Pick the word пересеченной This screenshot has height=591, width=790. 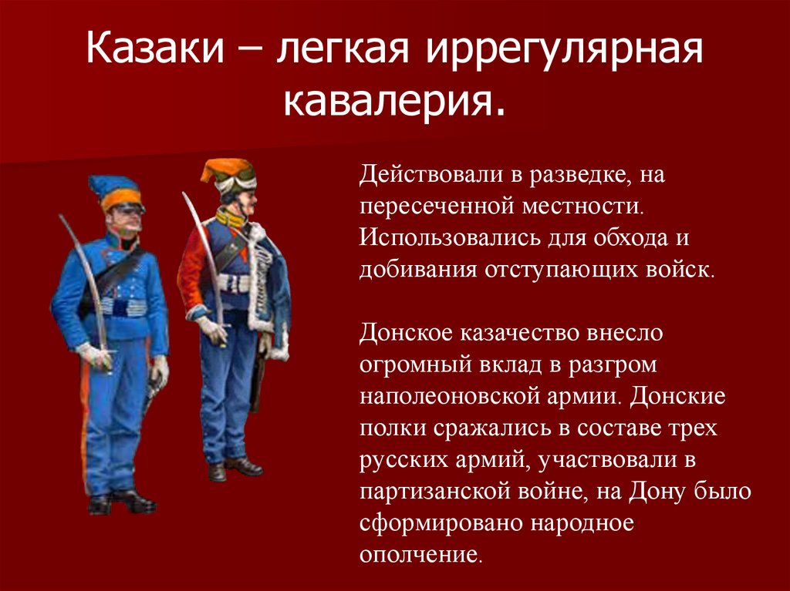[437, 207]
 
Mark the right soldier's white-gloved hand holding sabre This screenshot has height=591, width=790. [211, 331]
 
